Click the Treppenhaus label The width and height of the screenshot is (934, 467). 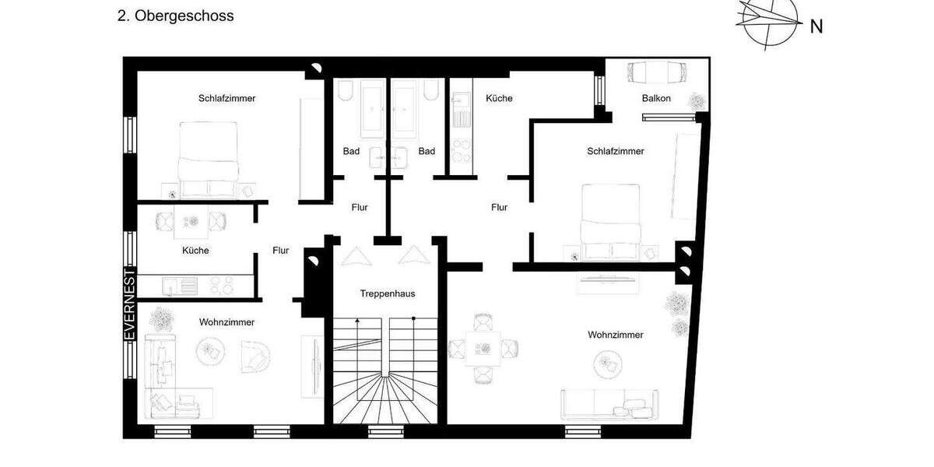pyautogui.click(x=387, y=293)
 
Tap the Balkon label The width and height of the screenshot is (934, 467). pyautogui.click(x=656, y=98)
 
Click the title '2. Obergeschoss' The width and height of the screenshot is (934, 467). pyautogui.click(x=175, y=16)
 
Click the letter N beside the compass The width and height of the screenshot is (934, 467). pyautogui.click(x=816, y=26)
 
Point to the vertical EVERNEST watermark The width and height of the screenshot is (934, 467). pyautogui.click(x=131, y=304)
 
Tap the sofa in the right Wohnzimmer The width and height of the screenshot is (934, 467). pyautogui.click(x=609, y=402)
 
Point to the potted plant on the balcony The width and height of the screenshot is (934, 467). pyautogui.click(x=698, y=101)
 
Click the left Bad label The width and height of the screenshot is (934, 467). pyautogui.click(x=351, y=151)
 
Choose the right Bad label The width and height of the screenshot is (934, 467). pyautogui.click(x=427, y=151)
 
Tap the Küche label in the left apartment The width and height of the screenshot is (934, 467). pyautogui.click(x=195, y=251)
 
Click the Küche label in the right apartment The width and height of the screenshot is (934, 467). pyautogui.click(x=499, y=98)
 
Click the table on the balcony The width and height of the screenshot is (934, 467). pyautogui.click(x=656, y=72)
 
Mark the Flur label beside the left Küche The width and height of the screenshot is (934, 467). pyautogui.click(x=281, y=251)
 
